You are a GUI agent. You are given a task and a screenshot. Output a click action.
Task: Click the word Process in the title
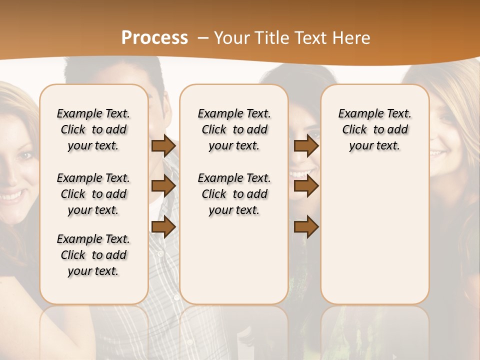154,38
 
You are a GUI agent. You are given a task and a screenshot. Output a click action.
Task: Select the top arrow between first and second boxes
163,146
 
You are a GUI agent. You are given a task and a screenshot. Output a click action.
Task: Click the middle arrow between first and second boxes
163,186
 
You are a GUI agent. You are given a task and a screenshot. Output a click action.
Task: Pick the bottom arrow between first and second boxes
163,227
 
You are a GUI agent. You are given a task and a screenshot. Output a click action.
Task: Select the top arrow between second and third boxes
306,146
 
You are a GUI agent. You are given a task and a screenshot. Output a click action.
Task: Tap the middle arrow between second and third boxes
306,186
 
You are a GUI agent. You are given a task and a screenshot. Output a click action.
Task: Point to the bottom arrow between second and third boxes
306,227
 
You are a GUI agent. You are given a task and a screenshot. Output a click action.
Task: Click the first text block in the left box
93,129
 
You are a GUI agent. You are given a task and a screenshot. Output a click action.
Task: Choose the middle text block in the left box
93,194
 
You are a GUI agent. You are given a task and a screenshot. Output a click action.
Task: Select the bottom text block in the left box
93,255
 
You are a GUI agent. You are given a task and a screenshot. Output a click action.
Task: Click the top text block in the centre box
234,129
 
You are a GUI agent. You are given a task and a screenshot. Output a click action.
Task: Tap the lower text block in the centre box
234,194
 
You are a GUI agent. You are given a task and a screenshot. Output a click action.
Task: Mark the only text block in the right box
374,129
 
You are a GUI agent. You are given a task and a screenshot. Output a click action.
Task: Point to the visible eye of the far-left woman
24,156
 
